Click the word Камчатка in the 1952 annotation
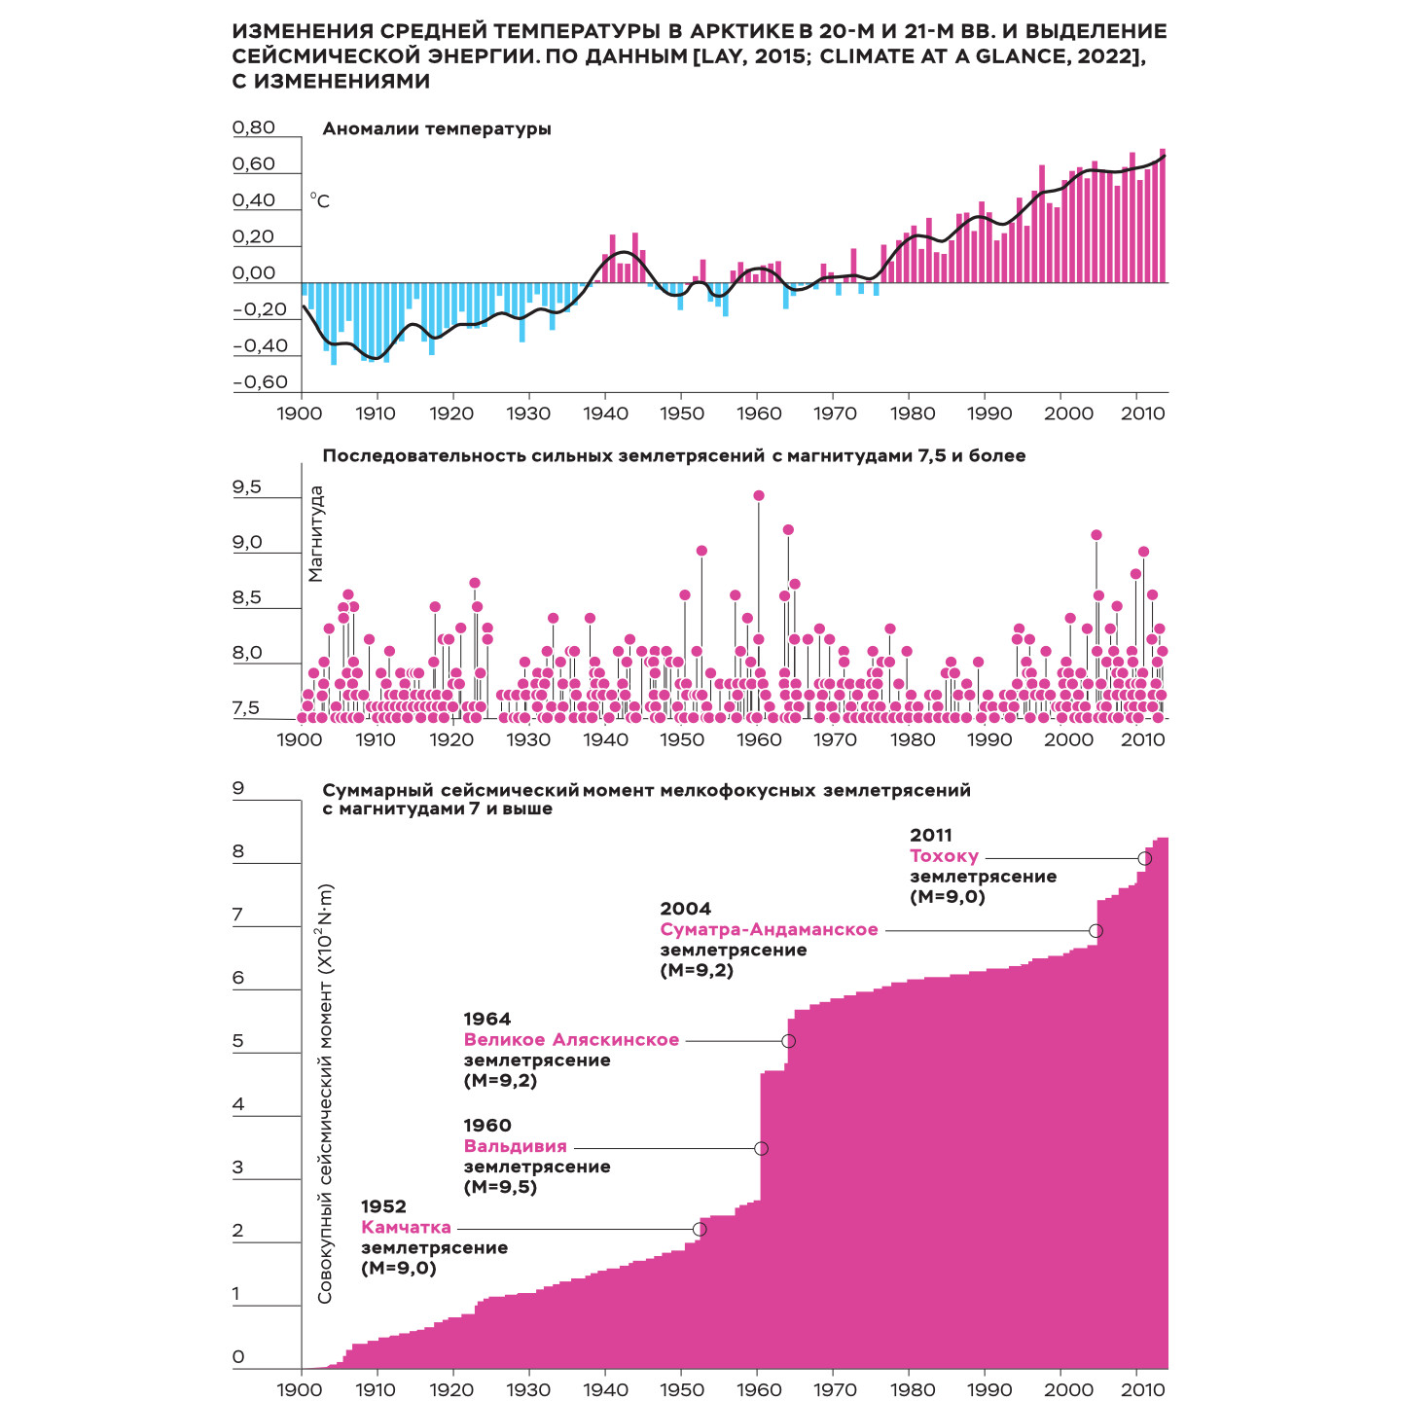click(x=406, y=1227)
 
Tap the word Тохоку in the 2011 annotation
click(x=944, y=856)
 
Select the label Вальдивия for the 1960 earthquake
click(x=515, y=1146)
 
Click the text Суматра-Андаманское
click(x=769, y=929)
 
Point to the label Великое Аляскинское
click(x=571, y=1039)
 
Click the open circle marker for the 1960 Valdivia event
click(x=761, y=1148)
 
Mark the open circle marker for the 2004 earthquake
click(x=1096, y=931)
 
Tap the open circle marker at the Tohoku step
click(x=1145, y=858)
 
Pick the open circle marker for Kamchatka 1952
click(x=699, y=1229)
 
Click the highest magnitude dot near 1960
click(x=759, y=495)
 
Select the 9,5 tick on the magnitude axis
click(x=247, y=487)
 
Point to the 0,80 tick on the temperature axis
click(x=254, y=127)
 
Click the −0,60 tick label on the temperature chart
click(x=260, y=382)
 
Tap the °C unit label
click(x=320, y=201)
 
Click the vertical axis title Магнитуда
click(x=315, y=534)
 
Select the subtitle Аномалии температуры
click(x=437, y=128)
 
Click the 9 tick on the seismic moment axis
click(x=238, y=789)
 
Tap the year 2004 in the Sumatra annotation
click(x=685, y=909)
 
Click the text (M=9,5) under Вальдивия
click(x=500, y=1187)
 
